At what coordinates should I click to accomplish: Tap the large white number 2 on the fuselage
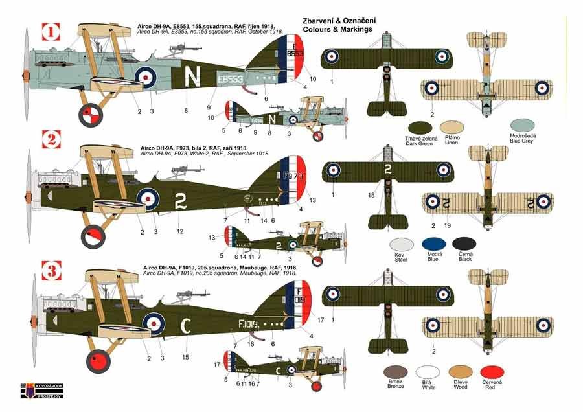pyautogui.click(x=179, y=202)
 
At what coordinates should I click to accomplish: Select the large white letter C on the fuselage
pyautogui.click(x=185, y=325)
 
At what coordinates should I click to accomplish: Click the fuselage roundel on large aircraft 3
pyautogui.click(x=154, y=321)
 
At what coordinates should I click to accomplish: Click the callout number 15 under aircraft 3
pyautogui.click(x=186, y=358)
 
